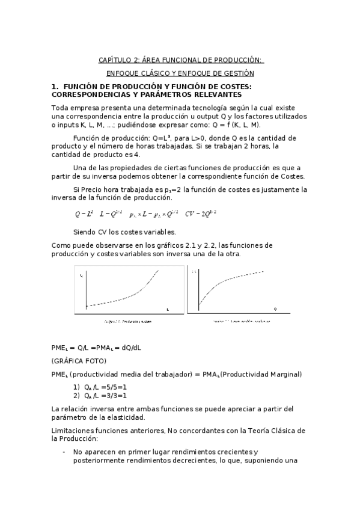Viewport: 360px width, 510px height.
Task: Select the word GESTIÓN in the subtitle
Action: pos(239,73)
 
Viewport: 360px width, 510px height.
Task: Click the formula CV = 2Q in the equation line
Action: pos(200,214)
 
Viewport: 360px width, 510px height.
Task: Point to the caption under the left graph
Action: pos(127,321)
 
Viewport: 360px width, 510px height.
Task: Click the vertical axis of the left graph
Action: pos(88,289)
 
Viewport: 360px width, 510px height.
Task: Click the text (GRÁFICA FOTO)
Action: pos(79,361)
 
